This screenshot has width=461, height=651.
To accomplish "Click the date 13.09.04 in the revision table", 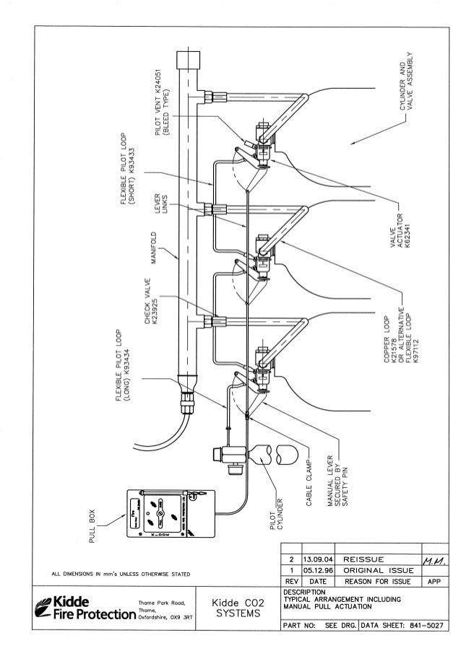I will [318, 558].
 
